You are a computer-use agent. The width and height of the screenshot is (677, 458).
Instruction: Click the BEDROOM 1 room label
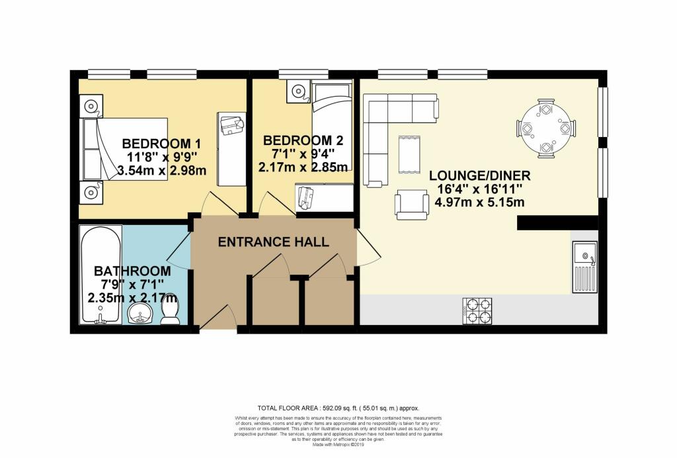pos(161,144)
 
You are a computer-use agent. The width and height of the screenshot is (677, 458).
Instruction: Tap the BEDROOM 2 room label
pos(303,140)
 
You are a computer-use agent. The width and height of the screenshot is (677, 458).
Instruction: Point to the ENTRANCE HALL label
pos(274,242)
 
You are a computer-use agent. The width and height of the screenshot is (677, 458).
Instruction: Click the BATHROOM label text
pos(132,271)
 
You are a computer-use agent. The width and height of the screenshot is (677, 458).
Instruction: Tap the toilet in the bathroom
pos(171,311)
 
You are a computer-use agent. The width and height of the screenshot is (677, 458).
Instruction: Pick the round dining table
pos(546,128)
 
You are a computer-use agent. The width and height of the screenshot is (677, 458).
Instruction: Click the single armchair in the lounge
pos(411,203)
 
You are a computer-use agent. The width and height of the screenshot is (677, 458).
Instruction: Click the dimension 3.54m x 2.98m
pos(161,171)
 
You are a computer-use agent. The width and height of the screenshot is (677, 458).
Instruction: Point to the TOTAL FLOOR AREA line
pos(338,408)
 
